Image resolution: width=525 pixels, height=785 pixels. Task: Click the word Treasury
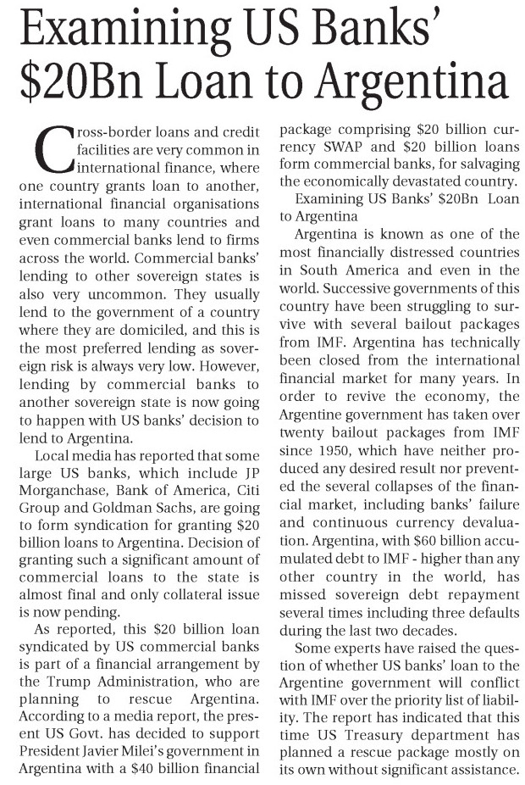(375, 728)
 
